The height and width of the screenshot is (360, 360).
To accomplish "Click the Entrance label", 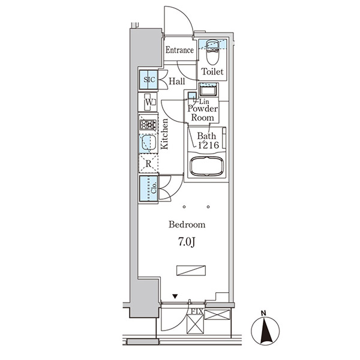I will coord(179,50).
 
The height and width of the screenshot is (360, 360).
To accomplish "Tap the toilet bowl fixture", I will coord(212,58).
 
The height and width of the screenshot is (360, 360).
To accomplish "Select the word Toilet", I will coord(212,71).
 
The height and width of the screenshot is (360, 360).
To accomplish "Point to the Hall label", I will coord(176,81).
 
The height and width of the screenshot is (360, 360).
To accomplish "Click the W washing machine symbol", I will coord(148,103).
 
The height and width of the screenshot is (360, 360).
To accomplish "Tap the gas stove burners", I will coord(148,125).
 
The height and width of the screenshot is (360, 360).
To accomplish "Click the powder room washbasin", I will coord(208,91).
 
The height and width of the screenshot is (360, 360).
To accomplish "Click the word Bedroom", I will coord(187,225).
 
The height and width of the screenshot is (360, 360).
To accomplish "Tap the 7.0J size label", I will coord(187,242).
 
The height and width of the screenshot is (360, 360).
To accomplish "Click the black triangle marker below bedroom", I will coord(175,296).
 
